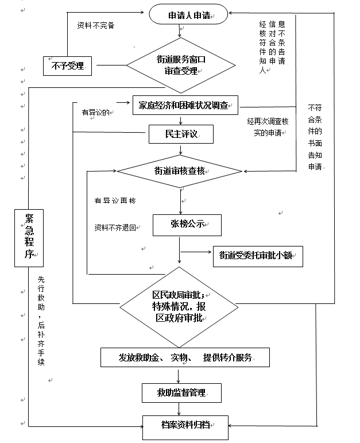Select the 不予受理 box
click(x=68, y=66)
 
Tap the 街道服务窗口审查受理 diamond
click(x=181, y=65)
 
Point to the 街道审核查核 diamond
click(x=181, y=171)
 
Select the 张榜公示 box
click(x=187, y=224)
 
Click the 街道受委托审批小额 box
click(x=257, y=256)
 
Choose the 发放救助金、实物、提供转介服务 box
click(x=185, y=357)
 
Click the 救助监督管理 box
click(x=181, y=393)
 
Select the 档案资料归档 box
click(x=185, y=426)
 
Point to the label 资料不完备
click(x=95, y=25)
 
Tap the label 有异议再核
click(x=115, y=201)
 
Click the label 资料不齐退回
click(x=115, y=228)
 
